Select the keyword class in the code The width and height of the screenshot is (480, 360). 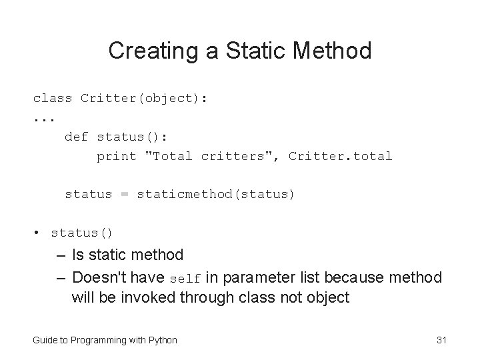[x=53, y=99]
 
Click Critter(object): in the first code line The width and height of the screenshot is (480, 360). [x=143, y=99]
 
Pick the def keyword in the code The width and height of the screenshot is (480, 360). [x=76, y=137]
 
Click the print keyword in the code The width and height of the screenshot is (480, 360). [x=117, y=157]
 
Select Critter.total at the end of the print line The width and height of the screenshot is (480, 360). [x=340, y=157]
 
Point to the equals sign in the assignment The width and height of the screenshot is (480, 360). [x=125, y=195]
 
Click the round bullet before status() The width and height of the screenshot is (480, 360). [x=37, y=233]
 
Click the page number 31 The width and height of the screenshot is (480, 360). [x=441, y=340]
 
